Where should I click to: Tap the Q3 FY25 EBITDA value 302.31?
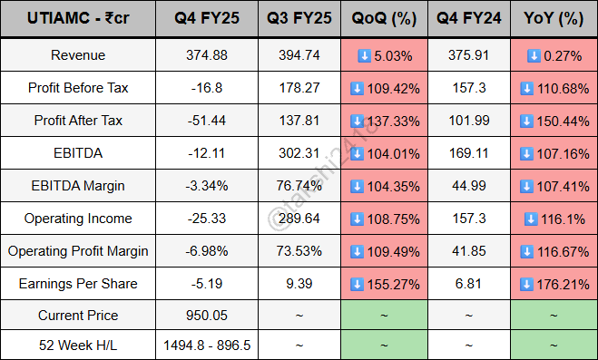tap(299, 153)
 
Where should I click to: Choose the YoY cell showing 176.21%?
tap(554, 284)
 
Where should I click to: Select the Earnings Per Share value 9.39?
tap(299, 284)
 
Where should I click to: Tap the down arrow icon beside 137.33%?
tap(357, 121)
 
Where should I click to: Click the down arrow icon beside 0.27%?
tap(534, 55)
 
